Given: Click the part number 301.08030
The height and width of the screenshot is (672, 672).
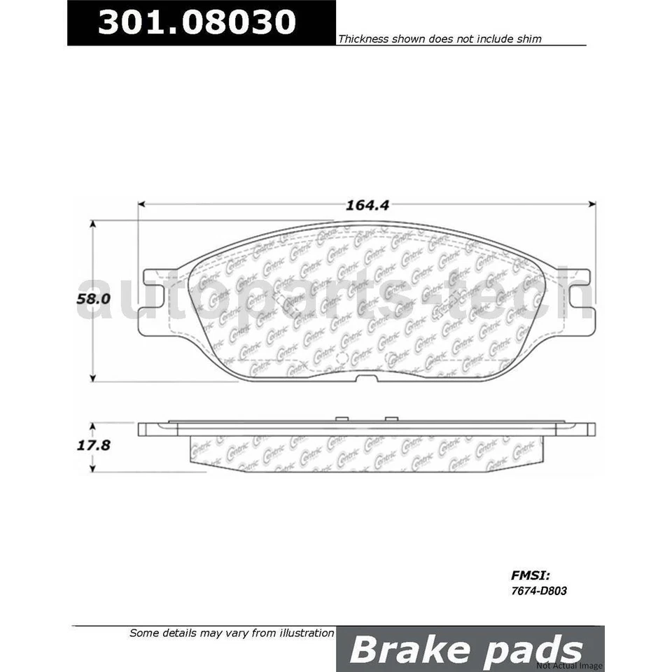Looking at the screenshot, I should (197, 22).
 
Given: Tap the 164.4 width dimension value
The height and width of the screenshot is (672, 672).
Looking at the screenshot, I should (367, 205).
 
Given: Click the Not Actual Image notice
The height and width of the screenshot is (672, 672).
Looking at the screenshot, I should (569, 665).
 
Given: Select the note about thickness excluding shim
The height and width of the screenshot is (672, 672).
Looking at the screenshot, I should (440, 39).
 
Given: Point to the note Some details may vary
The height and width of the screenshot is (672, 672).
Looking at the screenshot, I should (232, 633).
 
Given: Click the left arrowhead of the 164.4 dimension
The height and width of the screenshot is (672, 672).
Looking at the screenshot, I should (141, 204).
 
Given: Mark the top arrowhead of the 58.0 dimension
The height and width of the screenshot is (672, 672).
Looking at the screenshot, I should (92, 225).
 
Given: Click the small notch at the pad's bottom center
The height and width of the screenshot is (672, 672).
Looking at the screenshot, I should (365, 379).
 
